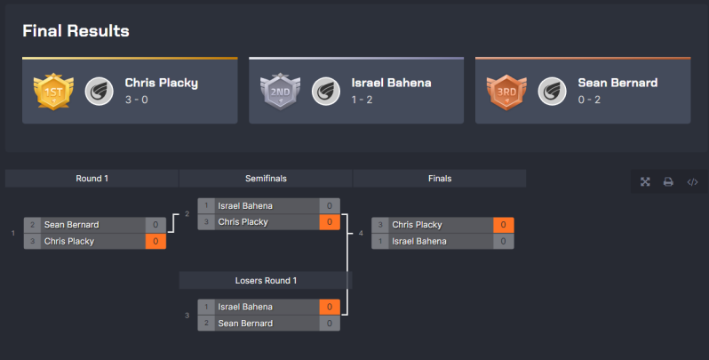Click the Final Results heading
[x=76, y=31]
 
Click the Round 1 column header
[x=92, y=179]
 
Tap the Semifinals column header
[x=266, y=179]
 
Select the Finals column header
[x=440, y=179]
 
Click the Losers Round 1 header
[x=266, y=280]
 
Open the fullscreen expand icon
[x=646, y=182]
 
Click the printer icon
[x=668, y=182]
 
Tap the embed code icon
[x=692, y=182]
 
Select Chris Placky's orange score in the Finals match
[x=503, y=225]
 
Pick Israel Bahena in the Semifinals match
[x=246, y=206]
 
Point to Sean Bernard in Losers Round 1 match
[x=246, y=324]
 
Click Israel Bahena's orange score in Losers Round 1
[x=329, y=307]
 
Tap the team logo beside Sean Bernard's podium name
[x=553, y=91]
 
